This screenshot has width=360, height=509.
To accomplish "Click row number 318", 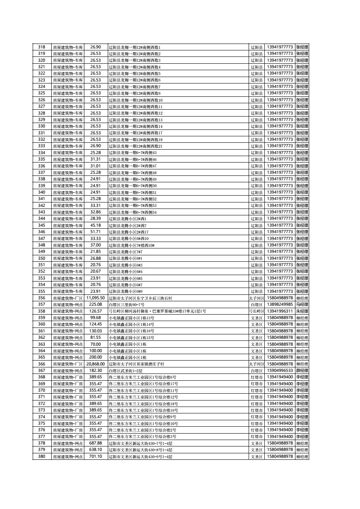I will point(42,47).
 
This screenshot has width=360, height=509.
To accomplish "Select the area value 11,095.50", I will point(95,298).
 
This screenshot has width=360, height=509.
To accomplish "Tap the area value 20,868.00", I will point(95,364).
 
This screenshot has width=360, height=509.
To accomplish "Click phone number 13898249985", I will point(280,305).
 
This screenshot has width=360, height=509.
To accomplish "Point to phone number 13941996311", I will point(280,311).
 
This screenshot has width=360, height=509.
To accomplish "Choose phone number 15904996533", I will point(280,370).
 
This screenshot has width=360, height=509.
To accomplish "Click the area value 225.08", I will point(95,305).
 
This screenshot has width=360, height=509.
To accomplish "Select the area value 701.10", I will point(95,456).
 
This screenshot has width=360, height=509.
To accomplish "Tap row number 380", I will point(42,456).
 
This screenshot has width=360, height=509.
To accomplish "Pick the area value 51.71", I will point(95,232).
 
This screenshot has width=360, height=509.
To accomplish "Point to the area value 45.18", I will point(95,225).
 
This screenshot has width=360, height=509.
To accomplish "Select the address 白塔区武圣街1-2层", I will point(126,371).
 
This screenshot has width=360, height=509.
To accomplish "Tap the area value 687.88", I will point(95,443).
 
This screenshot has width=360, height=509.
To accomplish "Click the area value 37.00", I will point(95,245).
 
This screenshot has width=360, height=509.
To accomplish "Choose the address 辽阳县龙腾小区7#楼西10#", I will point(132,245).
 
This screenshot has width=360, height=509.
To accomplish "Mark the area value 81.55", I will point(95,338).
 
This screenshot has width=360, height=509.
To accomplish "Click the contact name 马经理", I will point(302,305).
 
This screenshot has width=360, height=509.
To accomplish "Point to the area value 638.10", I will point(95,449).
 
